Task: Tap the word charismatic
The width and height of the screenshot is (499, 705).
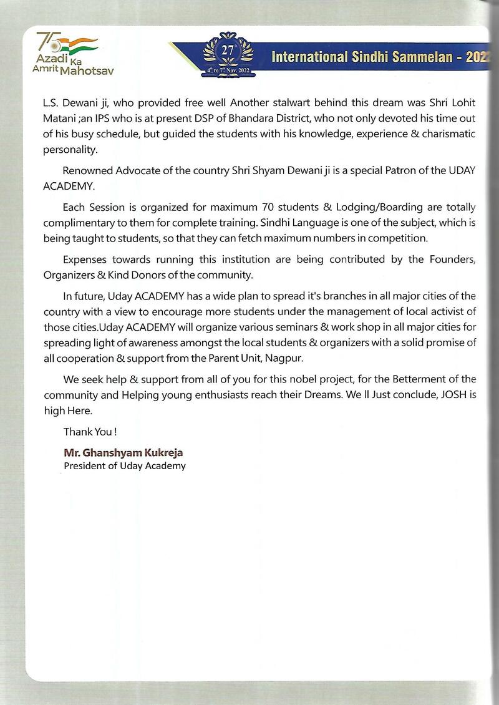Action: [x=447, y=134]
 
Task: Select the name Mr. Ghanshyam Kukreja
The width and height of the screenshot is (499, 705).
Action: [x=118, y=453]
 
